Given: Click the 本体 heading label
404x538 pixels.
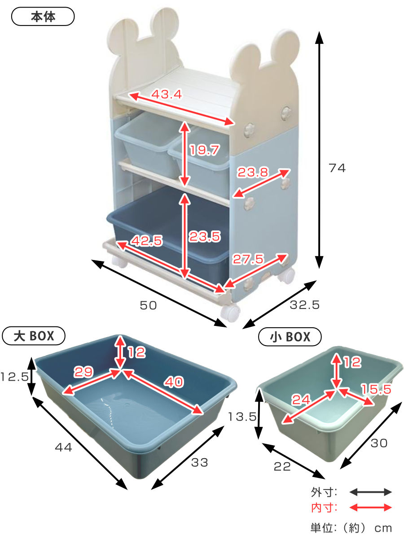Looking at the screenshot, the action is point(43,17).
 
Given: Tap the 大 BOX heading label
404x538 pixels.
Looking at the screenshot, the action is point(34,336).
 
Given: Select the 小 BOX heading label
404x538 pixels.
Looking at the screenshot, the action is point(290,337).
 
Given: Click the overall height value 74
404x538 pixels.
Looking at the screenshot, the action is point(337,168).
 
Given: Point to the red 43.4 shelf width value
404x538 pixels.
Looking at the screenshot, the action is point(167,94).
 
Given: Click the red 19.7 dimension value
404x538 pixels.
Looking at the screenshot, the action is point(204,150).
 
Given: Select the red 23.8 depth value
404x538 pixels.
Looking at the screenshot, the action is point(253,172).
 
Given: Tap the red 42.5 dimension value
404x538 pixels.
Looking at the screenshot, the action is point(147,240).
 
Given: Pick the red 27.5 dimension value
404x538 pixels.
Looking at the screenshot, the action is point(248,259).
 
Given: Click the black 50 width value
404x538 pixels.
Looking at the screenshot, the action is point(148,305).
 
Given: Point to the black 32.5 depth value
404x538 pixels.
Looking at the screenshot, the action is point(305,305).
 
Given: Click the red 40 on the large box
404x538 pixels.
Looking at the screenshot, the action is point(174,382).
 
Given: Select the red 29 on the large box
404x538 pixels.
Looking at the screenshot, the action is point(83,372).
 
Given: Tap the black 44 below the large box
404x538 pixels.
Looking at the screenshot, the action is point(63,447).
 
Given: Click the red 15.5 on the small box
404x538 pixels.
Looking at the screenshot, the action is point(376,389).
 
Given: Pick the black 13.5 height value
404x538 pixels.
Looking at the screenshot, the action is point(242,417).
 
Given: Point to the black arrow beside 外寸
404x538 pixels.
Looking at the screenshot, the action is point(370,492).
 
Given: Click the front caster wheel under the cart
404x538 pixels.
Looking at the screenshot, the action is point(230,313).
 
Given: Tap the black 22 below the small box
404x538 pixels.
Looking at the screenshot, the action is point(282,466).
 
